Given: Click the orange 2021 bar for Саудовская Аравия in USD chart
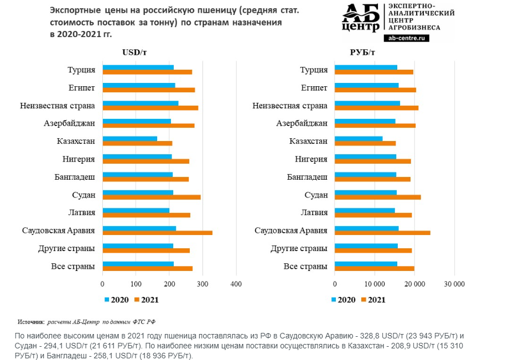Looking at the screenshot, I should (x=157, y=233).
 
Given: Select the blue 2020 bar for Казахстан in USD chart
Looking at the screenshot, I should (x=129, y=139).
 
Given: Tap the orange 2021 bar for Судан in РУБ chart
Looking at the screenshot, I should (x=378, y=197).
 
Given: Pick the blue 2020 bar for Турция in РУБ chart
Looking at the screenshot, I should (x=366, y=67).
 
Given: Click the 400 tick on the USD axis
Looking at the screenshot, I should (x=236, y=284).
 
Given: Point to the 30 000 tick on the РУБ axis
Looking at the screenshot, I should (x=454, y=284).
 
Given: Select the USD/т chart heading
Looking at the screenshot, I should (x=134, y=53).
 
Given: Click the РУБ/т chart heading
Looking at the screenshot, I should (x=362, y=53).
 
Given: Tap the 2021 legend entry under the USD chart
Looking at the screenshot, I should (x=147, y=300).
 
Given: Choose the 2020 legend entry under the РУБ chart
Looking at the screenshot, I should (x=343, y=300).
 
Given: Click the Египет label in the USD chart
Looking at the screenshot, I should (x=81, y=88).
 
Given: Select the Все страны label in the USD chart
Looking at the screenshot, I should (x=73, y=267).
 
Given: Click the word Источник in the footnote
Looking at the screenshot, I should (x=30, y=321).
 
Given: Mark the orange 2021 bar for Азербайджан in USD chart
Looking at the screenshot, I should (x=148, y=126).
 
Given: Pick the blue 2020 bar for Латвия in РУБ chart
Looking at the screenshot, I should (x=365, y=210).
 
